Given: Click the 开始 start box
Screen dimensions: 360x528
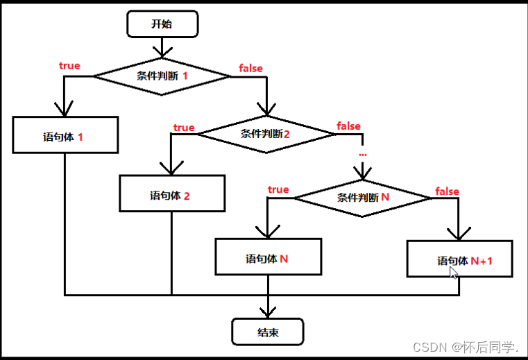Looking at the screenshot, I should coord(162,24).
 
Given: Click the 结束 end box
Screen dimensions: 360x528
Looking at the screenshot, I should coord(267,332).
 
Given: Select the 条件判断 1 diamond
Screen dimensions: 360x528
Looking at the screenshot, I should coord(162,76).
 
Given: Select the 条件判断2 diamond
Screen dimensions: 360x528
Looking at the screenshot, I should coord(266,133).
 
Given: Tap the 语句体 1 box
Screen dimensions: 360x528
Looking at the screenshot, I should coord(65,137).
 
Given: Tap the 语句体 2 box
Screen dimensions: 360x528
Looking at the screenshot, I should coord(171,195).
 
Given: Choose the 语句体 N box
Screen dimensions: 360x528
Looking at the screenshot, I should coord(268,259).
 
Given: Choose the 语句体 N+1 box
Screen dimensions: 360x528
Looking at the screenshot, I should coord(459,260).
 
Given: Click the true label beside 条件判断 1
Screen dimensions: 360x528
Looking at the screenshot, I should coord(69,66).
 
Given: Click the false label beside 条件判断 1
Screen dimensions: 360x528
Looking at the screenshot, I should coord(250,68).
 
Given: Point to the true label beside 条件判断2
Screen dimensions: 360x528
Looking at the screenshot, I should coord(184,128).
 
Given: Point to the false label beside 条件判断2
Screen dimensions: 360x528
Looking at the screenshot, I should coord(348,126).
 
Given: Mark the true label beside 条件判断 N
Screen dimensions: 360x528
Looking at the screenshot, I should coord(278,189).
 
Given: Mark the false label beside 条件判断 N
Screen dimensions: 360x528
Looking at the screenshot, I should coord(447,191).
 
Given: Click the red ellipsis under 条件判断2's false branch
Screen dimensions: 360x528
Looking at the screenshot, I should coord(362,151).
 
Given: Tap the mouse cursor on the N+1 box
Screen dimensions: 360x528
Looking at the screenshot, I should coord(453,272).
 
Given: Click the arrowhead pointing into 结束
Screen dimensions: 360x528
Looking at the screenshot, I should coord(267,311).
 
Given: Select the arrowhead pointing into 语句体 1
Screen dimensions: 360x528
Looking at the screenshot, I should coord(65,110).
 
